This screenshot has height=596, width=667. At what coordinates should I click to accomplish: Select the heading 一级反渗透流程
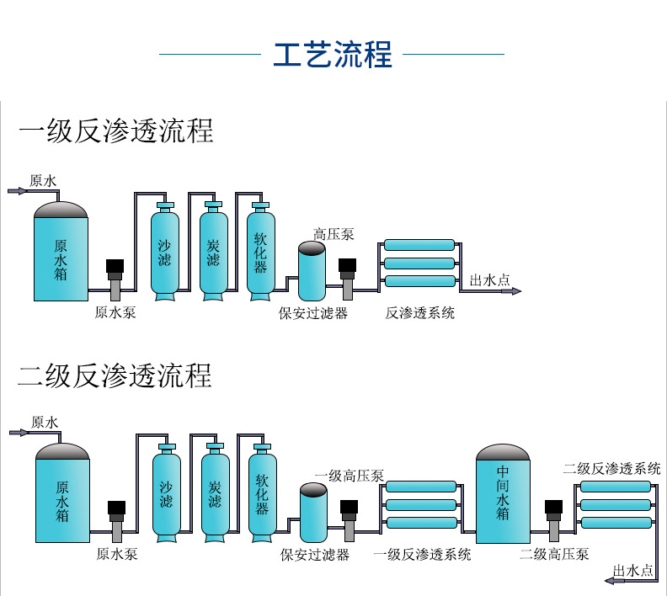tap(116, 131)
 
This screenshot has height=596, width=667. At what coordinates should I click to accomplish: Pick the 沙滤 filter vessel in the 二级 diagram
tap(166, 492)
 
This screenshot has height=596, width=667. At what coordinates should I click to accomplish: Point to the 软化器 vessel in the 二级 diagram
tap(262, 492)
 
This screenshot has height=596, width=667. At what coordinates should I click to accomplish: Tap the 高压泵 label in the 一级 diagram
tap(333, 234)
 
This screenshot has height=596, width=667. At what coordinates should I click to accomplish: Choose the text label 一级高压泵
tap(350, 476)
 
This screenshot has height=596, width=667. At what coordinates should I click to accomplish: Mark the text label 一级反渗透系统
tap(422, 554)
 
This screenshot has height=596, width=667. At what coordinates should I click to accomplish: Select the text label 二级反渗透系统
tap(612, 468)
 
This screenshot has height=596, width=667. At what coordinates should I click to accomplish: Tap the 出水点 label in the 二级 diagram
tap(633, 570)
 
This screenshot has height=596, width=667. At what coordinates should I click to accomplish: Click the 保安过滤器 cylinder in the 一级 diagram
tap(312, 271)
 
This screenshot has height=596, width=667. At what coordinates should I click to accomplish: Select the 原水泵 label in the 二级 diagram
tap(117, 554)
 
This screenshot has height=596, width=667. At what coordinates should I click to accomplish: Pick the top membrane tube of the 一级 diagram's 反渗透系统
tap(419, 245)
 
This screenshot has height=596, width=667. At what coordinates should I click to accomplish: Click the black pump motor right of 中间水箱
tap(553, 508)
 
